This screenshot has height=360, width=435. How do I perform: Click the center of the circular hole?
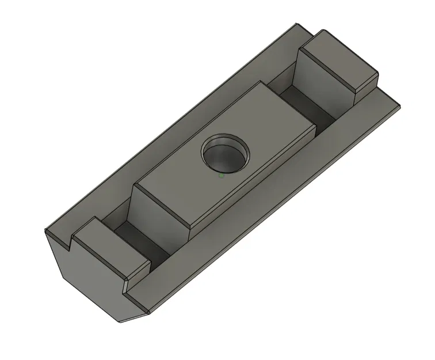(226, 154)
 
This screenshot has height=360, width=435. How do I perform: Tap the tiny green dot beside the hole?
(222, 175)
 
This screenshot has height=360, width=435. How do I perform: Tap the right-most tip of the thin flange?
(399, 105)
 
